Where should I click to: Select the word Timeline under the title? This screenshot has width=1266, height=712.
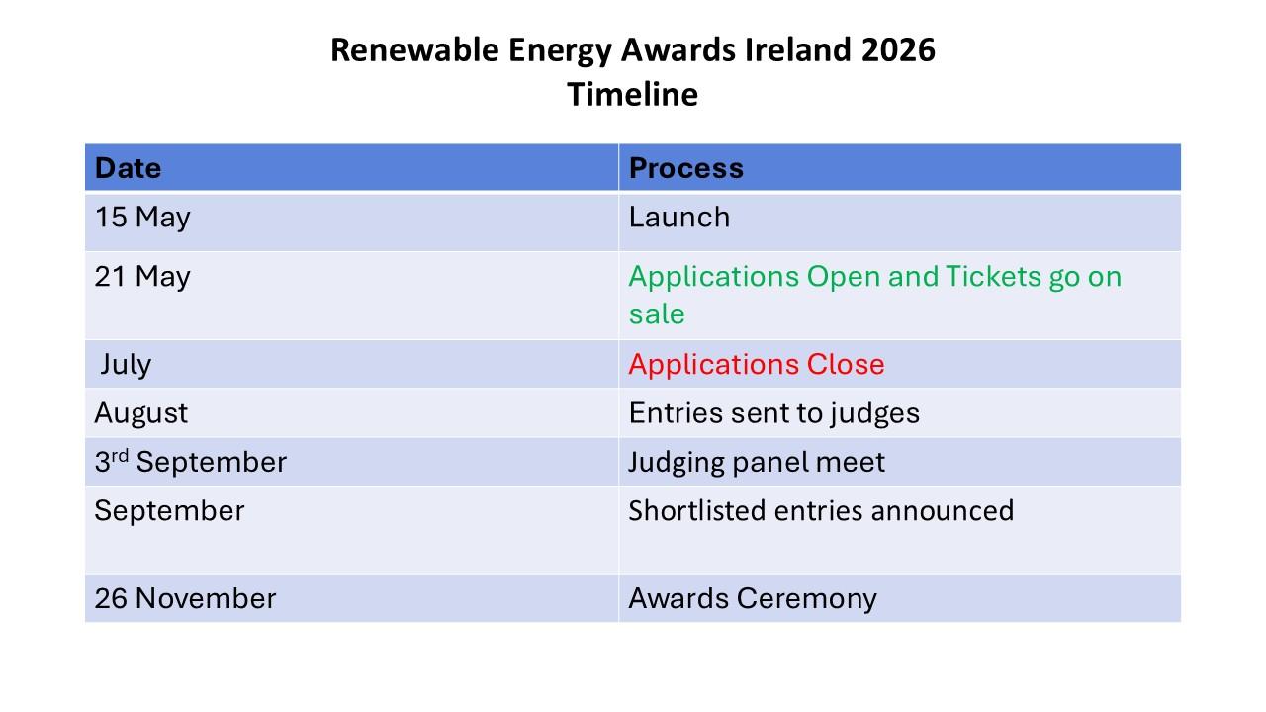tap(632, 94)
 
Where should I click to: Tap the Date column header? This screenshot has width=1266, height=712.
tap(129, 168)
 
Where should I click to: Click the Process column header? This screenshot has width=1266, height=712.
tap(686, 168)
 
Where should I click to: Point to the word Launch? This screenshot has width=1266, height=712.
tap(679, 217)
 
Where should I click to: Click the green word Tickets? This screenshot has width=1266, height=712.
tap(993, 276)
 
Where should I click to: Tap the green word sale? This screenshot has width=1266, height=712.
tap(657, 313)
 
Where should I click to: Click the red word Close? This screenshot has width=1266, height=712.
tap(846, 364)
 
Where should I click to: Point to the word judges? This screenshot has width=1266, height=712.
tap(875, 413)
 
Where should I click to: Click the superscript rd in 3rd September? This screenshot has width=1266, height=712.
tap(120, 456)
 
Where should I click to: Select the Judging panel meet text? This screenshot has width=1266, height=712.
tap(757, 463)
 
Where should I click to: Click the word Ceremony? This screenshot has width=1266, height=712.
tap(807, 599)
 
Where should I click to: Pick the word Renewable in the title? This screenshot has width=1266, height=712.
tap(414, 49)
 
